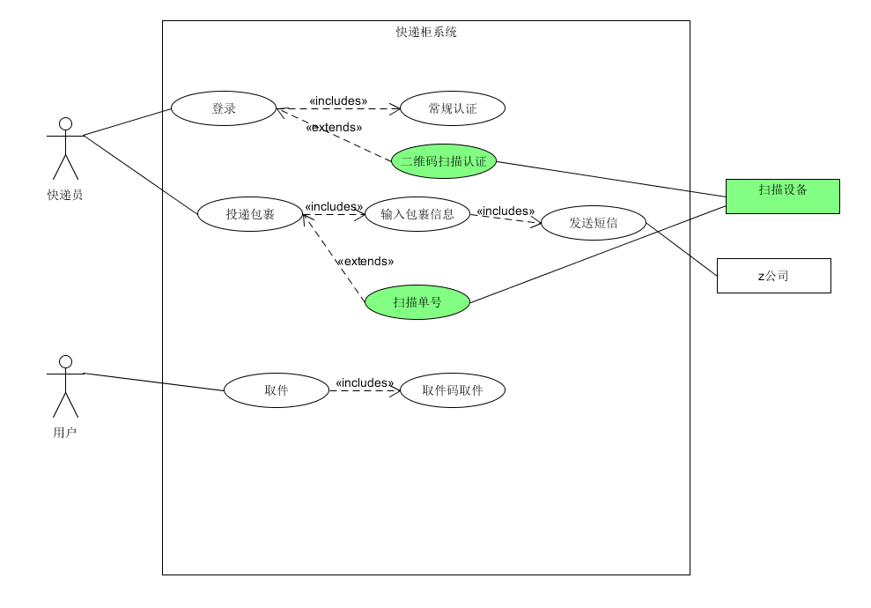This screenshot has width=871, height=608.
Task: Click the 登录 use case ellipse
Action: (224, 108)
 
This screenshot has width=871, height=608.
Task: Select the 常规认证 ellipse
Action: (453, 108)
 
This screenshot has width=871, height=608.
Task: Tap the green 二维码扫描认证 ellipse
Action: (444, 161)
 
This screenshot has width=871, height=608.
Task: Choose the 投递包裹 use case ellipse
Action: (250, 214)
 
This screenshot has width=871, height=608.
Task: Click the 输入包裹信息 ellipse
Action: (417, 214)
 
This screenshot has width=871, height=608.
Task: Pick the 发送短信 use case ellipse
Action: (594, 223)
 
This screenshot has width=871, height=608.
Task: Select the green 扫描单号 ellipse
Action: (417, 302)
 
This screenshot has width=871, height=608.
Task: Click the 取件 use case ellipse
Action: (277, 390)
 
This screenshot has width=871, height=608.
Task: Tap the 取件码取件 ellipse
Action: (453, 390)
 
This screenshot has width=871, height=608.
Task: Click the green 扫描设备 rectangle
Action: (783, 196)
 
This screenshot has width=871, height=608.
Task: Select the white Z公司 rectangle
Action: (774, 276)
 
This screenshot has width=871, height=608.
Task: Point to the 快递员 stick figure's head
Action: (64, 123)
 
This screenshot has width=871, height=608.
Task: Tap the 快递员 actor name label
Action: (65, 195)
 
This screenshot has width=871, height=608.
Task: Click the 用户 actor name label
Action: (65, 433)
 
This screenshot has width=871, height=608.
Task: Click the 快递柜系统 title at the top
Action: (426, 33)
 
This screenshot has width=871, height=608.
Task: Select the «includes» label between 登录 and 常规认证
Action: (338, 100)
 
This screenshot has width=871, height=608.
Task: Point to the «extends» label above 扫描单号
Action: (365, 261)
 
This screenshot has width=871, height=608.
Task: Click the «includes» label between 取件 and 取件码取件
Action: (365, 382)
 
